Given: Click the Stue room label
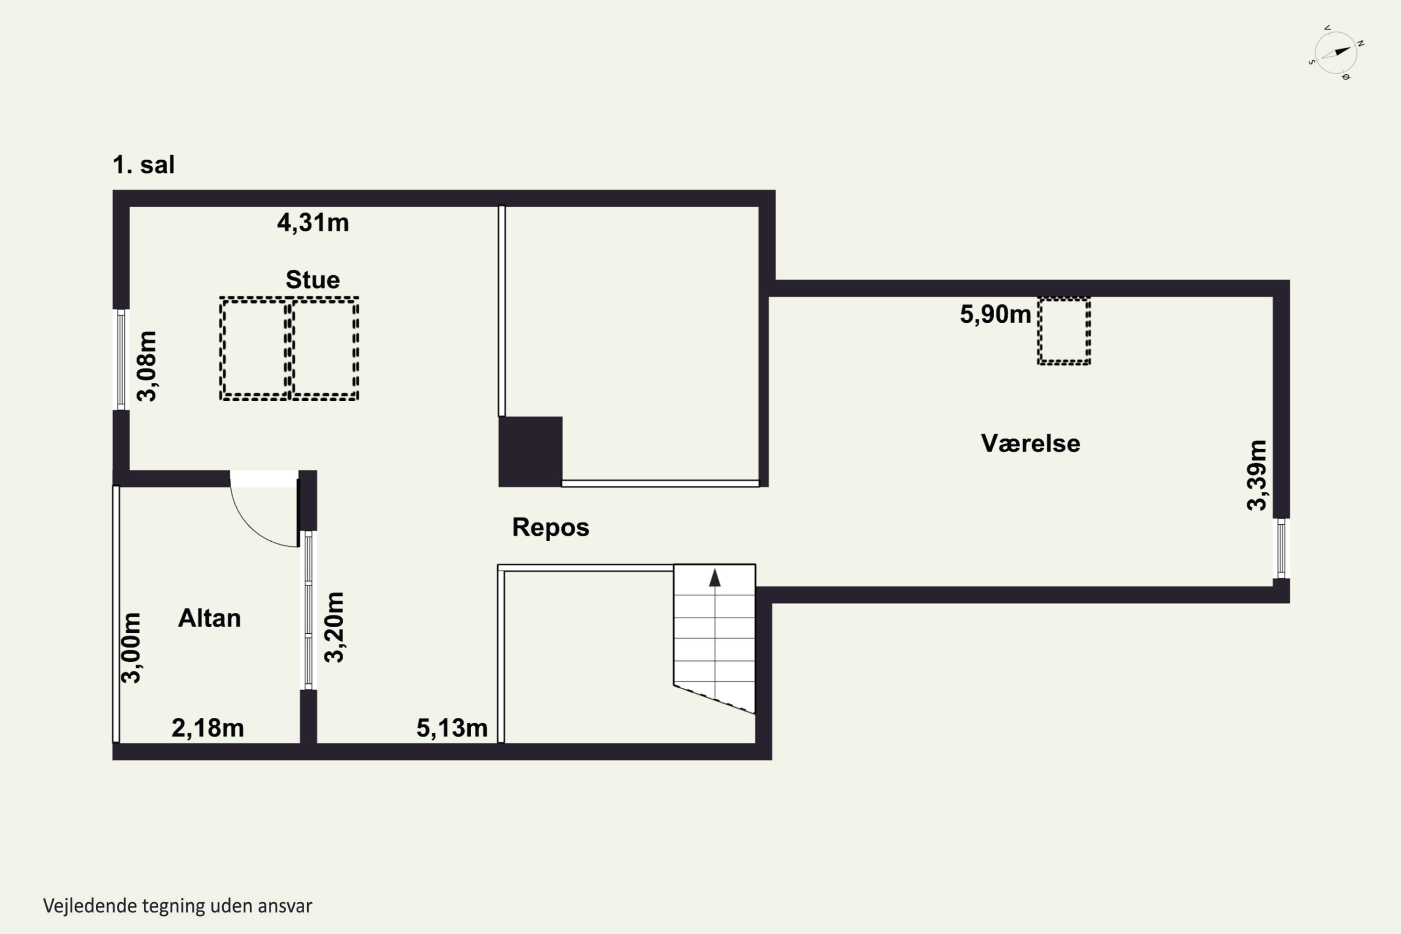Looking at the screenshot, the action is pos(313,280).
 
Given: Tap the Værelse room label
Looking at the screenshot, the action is pos(1031,444).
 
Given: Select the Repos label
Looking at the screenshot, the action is pos(551,528).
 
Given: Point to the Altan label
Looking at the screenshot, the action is pos(210,618).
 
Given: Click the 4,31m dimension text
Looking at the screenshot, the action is pos(313,223).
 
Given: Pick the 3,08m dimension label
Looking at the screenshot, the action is pos(147,366).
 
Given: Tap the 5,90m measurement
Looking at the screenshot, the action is pos(995,314).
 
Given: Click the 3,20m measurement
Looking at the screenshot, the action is pos(334,627).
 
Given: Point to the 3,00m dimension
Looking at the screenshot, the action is pos(131,647).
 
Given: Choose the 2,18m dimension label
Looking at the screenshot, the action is pos(208,728).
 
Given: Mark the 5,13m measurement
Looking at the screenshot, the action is pos(452,728).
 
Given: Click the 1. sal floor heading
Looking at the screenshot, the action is pos(143,165).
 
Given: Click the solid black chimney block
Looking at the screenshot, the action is pos(530,452).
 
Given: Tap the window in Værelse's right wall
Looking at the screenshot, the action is pos(1281,548).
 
